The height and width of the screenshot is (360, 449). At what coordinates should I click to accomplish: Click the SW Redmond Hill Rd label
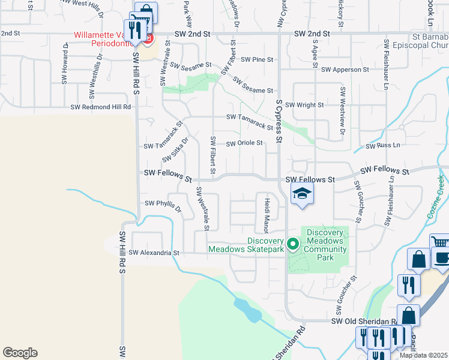(101, 107)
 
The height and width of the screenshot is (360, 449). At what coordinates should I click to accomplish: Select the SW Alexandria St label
(154, 253)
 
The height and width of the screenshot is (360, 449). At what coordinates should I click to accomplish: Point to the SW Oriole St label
(244, 143)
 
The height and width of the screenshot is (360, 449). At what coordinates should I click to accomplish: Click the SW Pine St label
(257, 60)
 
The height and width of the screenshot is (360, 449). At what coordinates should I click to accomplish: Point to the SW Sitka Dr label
(175, 149)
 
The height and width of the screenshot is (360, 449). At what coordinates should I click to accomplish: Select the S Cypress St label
(279, 121)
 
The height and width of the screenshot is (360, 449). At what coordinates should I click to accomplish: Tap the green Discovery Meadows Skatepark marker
(293, 244)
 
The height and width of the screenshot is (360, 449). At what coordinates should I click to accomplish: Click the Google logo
(20, 353)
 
